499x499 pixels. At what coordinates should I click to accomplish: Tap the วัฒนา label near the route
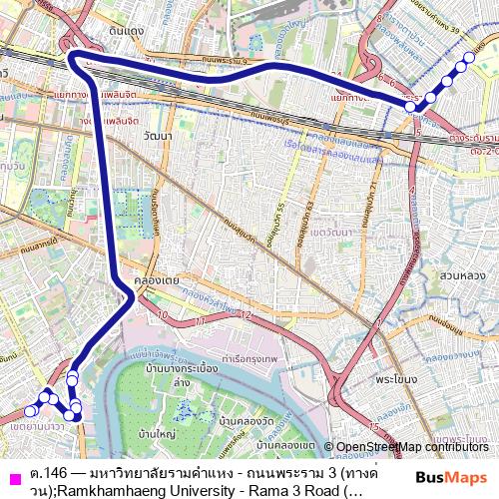[157, 133]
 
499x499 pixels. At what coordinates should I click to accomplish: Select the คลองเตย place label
[160, 280]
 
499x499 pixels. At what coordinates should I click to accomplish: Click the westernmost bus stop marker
[30, 410]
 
